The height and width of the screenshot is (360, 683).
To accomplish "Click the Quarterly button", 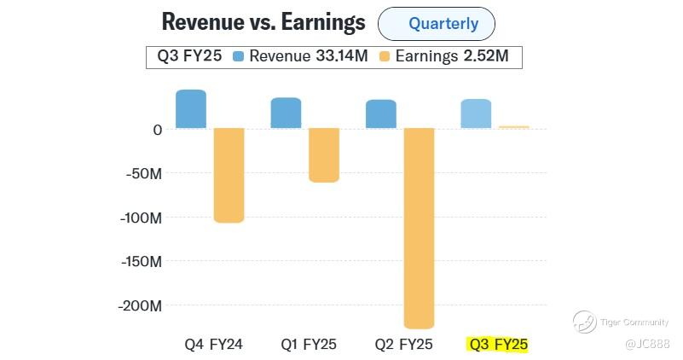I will [x=436, y=24].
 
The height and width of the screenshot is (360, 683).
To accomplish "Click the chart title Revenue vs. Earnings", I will [x=263, y=22].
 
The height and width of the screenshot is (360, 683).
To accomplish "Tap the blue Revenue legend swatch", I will [x=239, y=57].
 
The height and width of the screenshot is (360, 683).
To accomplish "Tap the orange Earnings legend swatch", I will [x=385, y=57].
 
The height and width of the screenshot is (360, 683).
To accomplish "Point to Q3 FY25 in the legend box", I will [x=189, y=57].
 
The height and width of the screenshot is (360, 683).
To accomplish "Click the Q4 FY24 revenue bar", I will [x=191, y=109].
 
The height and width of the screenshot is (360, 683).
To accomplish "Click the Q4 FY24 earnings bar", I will [x=229, y=175].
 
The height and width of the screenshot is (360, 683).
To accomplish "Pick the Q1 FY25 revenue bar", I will [x=286, y=113].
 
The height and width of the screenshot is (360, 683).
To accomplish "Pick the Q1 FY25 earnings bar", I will [x=324, y=155].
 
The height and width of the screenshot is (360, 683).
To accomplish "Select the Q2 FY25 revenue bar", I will [x=381, y=114].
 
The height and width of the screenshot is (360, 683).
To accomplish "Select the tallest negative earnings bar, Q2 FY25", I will [x=419, y=228].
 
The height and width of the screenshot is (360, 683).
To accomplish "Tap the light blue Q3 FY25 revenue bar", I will [x=476, y=113].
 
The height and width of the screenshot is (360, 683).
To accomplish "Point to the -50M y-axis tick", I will [x=144, y=174].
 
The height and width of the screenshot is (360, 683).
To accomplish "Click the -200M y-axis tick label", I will [x=141, y=305].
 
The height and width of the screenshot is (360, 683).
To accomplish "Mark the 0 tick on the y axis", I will [x=157, y=130].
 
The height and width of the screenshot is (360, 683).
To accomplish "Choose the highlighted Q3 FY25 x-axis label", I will [x=498, y=345].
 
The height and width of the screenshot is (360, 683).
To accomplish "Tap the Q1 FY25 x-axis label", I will [x=309, y=345].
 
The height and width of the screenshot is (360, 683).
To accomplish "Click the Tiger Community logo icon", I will [x=584, y=322].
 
